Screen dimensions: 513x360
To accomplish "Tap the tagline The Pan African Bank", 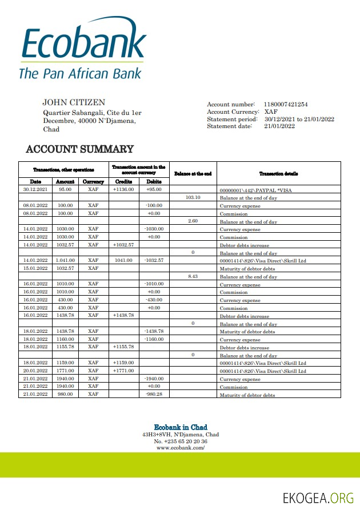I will point(80,73).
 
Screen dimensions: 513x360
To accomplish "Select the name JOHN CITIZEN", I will point(74,102).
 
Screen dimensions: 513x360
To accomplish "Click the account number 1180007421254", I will point(286,105).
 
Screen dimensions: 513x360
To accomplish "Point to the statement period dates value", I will point(299,120).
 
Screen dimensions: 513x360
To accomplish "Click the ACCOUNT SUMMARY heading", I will point(80,149).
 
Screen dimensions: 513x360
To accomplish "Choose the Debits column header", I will point(154,181).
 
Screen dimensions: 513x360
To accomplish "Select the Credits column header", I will point(124,181).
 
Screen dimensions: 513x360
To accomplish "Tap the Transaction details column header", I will point(278,173).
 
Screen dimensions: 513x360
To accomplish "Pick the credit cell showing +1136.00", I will point(123,189).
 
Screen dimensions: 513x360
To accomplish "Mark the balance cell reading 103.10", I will point(193,197).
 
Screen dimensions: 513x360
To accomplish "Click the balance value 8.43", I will point(193,276).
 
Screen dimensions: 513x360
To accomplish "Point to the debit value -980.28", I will point(154,395).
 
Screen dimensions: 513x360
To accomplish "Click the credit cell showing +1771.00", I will point(123,371).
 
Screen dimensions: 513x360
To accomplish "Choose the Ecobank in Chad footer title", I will point(181,427).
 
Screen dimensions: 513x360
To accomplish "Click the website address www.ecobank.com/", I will point(181,448).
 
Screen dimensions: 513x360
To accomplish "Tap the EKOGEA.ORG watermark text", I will point(318,498).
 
